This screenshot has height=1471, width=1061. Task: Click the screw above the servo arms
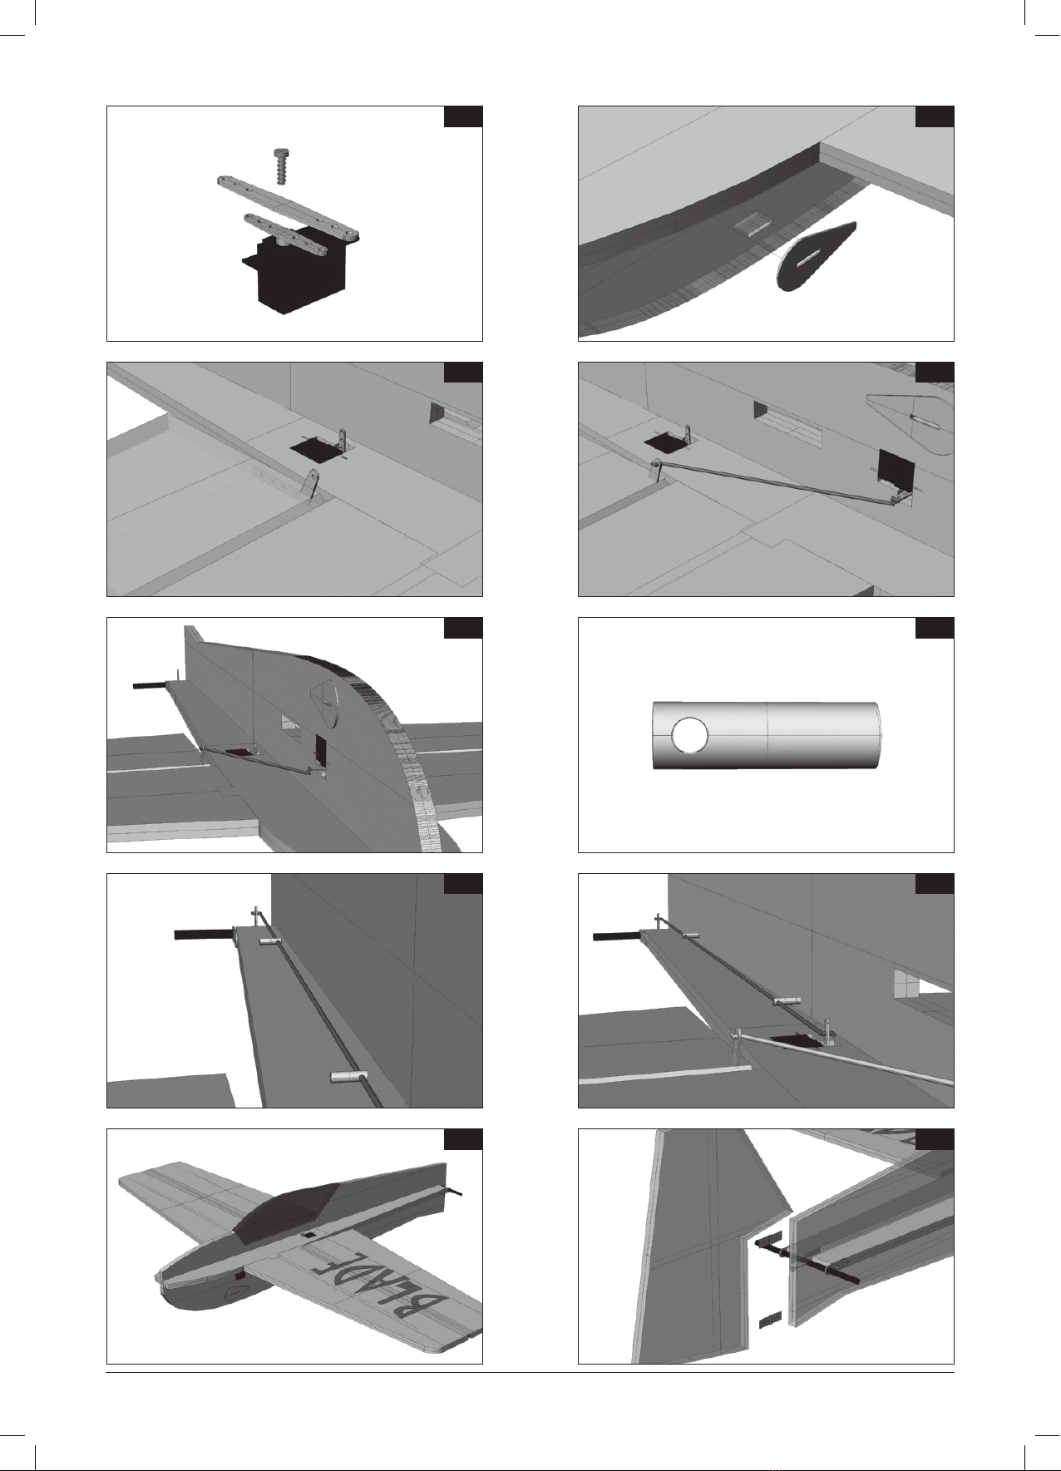point(282,169)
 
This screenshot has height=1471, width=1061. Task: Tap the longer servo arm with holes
point(288,207)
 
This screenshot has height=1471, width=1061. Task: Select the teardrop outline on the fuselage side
point(909,420)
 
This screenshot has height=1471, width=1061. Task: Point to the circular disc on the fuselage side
point(323,705)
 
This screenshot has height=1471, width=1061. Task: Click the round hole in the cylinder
point(689,735)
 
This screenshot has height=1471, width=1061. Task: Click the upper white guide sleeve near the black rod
point(269,941)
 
